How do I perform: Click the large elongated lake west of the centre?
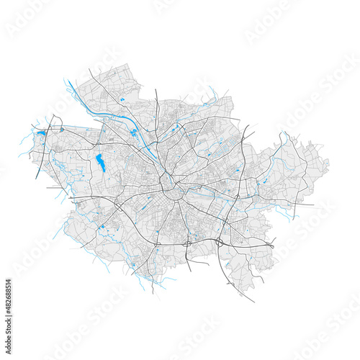(x=101, y=163)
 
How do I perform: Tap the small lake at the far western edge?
(x=40, y=132)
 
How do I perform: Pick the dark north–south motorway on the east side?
(x=240, y=166)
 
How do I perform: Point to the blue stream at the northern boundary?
(x=212, y=94)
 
